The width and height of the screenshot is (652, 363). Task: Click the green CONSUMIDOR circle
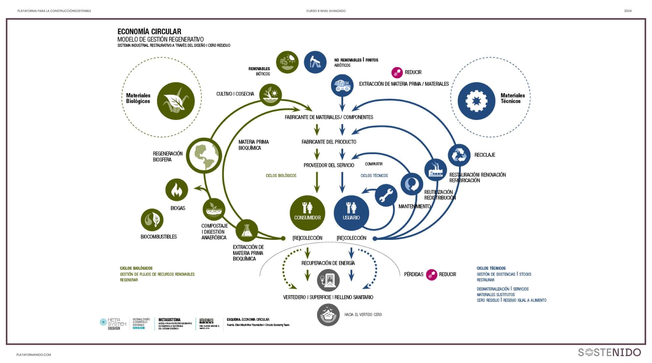click(307, 213)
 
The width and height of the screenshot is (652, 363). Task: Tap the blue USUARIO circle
click(351, 213)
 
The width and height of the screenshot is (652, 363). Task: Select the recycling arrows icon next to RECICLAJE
click(459, 155)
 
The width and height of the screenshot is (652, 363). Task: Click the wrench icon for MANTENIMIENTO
click(386, 195)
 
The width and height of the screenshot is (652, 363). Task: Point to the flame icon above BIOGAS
click(177, 190)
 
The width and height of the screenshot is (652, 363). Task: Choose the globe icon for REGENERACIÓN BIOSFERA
click(204, 156)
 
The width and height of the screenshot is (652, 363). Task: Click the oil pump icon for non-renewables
click(315, 62)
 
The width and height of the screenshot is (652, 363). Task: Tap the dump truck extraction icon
click(342, 85)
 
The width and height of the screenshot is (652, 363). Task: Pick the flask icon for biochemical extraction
click(247, 230)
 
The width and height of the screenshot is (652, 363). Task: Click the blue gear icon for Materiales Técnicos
click(476, 101)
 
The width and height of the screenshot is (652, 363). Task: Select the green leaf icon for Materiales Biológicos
click(176, 101)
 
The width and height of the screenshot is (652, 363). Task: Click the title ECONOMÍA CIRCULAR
click(149, 32)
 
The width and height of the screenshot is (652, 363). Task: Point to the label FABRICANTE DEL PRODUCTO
click(329, 142)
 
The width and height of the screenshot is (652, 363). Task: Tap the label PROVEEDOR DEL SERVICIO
click(329, 165)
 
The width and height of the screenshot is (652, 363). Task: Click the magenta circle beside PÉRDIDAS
click(432, 275)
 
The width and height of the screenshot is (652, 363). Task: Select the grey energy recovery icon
click(328, 280)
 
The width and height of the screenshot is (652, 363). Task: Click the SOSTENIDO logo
click(609, 352)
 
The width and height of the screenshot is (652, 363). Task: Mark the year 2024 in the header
click(628, 11)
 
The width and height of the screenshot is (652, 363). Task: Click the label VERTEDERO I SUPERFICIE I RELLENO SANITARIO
click(328, 297)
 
